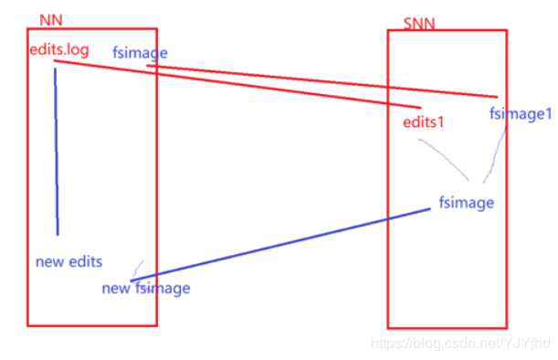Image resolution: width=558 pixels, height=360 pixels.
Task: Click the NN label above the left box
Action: pyautogui.click(x=50, y=19)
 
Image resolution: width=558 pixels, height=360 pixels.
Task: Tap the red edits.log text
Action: pyautogui.click(x=59, y=49)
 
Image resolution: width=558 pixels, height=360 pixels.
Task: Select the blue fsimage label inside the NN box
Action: pyautogui.click(x=140, y=53)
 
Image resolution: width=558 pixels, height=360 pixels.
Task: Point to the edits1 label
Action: pyautogui.click(x=423, y=122)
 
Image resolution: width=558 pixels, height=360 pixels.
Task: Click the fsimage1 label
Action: pyautogui.click(x=521, y=114)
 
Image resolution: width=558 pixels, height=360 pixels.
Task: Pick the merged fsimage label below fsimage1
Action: pyautogui.click(x=466, y=202)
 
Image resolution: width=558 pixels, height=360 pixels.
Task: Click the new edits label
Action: pyautogui.click(x=68, y=261)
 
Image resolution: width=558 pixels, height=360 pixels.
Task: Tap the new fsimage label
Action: pyautogui.click(x=146, y=289)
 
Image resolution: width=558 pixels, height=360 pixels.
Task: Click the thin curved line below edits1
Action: pyautogui.click(x=445, y=157)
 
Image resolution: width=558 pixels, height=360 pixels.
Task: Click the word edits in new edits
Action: pyautogui.click(x=83, y=261)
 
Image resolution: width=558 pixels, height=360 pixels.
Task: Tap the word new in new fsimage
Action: pyautogui.click(x=116, y=289)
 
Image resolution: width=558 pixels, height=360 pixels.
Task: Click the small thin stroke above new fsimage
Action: pyautogui.click(x=138, y=267)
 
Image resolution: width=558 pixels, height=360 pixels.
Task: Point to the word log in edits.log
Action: pyautogui.click(x=79, y=49)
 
